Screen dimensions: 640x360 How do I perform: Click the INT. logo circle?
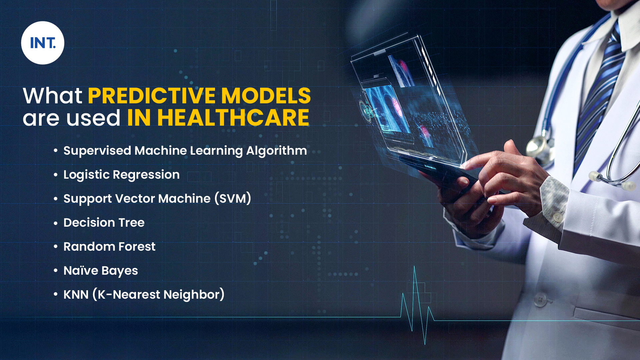(43, 43)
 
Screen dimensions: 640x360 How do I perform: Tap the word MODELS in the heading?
(266, 96)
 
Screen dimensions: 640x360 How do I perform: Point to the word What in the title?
(53, 96)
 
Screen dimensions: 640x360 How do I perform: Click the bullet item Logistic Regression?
(121, 175)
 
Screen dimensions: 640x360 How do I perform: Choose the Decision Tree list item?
(104, 223)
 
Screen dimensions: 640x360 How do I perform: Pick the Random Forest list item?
(109, 247)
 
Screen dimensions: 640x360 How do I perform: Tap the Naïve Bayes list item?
(101, 271)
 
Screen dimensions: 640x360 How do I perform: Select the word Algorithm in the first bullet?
(276, 151)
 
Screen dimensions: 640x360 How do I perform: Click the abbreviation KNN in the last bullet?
(76, 295)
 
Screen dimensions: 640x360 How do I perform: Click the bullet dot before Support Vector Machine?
(56, 199)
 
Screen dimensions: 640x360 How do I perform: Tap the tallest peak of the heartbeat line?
(414, 266)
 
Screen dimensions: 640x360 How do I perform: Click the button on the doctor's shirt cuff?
(557, 217)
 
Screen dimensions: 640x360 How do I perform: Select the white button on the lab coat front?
(540, 300)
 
